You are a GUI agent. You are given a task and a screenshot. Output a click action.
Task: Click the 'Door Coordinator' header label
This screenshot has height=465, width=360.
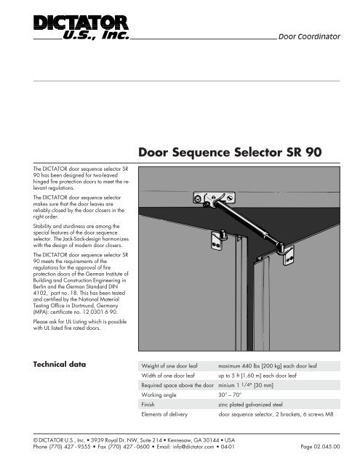click(310, 36)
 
